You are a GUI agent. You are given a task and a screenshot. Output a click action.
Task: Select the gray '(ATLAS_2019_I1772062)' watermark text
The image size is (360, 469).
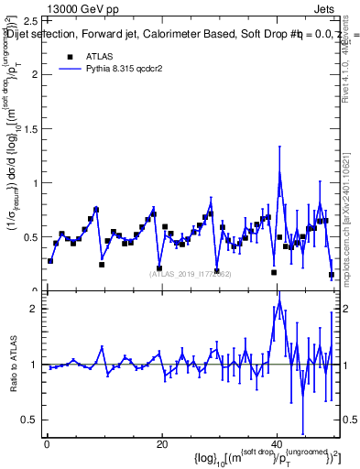pyautogui.click(x=191, y=273)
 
